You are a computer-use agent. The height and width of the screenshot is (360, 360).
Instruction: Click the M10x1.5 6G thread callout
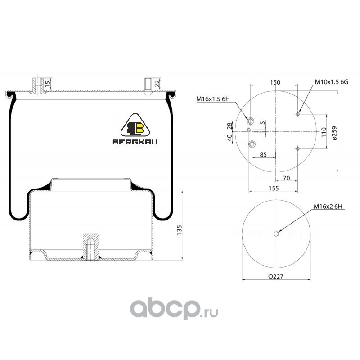331,82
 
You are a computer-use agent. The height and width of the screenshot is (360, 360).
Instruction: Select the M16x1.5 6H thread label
213,99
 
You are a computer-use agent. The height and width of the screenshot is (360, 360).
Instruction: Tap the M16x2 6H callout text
328,207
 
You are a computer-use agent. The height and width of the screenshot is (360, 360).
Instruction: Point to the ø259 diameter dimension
334,133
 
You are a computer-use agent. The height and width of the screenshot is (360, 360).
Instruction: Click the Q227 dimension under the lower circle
276,276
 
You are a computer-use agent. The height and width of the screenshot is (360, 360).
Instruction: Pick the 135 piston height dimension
179,230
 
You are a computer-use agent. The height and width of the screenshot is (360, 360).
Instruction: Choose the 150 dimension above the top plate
275,82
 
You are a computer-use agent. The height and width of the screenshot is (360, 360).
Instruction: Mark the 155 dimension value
274,188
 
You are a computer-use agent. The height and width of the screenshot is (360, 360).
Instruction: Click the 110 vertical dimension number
324,132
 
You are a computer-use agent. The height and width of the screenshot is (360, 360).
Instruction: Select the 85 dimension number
263,154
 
